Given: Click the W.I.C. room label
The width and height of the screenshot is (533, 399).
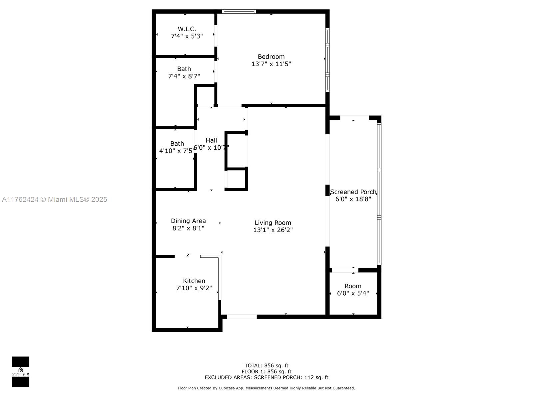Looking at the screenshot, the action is pos(187,29).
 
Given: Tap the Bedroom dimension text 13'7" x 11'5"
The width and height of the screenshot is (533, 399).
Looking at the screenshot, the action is pos(271,64).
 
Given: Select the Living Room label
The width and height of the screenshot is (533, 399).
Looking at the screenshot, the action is pos(273,223).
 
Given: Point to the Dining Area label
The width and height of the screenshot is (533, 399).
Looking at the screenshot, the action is pos(188,221).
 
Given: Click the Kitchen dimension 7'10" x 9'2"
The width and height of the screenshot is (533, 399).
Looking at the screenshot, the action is pos(194,288).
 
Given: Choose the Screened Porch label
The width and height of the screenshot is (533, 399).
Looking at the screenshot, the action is pos(353,192).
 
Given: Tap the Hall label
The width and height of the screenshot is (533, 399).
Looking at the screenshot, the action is pos(211,141).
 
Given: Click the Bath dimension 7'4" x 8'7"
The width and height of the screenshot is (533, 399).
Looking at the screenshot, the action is pos(184,76).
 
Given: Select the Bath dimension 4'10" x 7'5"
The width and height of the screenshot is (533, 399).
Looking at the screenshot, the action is pos(176,151).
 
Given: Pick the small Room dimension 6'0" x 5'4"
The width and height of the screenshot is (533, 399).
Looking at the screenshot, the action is pos(353,293).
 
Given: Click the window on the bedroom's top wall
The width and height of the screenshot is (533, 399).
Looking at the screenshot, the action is pos(239,11).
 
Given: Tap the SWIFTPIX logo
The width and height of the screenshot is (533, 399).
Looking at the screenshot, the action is pos(21,372).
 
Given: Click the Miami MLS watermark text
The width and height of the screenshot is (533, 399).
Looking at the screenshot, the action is pos(54,199).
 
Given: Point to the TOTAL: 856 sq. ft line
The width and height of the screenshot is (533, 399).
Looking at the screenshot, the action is pos(266,365).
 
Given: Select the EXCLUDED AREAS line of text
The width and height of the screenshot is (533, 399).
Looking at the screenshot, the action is pos(266,377).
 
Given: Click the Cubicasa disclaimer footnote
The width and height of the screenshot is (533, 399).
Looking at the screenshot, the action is pos(266,388).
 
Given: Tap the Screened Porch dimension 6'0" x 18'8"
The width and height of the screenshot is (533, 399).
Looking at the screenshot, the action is pos(353,199).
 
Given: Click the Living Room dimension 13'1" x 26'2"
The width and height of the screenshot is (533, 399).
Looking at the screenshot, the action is pos(273,230).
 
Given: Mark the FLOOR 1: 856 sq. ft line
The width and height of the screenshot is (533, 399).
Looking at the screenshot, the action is pos(266,372).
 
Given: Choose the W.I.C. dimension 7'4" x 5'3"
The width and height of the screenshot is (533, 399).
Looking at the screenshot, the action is pos(187,36).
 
